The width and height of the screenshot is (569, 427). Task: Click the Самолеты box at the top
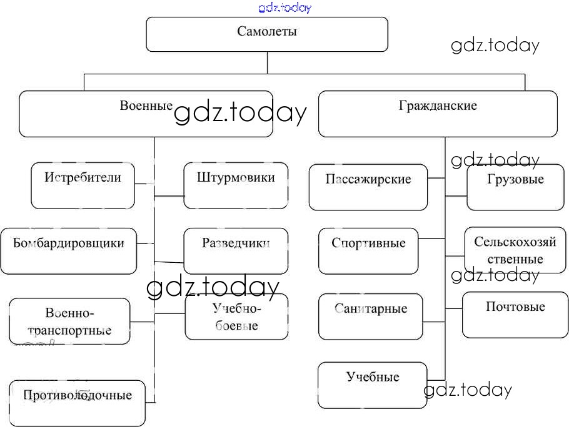click(267, 34)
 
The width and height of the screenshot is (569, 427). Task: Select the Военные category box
click(146, 114)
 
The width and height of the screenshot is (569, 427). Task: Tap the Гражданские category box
click(437, 114)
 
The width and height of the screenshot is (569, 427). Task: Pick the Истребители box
click(83, 185)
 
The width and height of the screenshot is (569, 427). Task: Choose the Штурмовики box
click(236, 185)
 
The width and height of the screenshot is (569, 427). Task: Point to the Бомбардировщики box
click(68, 251)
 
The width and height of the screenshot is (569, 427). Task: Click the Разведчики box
click(236, 251)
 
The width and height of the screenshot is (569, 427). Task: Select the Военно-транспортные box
click(69, 321)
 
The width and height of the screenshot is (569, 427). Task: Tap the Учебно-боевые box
click(236, 317)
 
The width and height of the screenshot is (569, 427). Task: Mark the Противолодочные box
click(78, 402)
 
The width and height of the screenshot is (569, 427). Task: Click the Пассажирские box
click(368, 187)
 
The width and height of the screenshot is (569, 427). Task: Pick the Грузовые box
click(515, 187)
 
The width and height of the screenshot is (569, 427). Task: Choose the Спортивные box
click(368, 251)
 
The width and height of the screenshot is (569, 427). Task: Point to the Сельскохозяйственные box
click(515, 250)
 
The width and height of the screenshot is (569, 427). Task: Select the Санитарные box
click(370, 317)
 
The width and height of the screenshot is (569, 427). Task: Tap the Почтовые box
click(515, 314)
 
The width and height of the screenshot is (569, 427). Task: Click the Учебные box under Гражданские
click(373, 385)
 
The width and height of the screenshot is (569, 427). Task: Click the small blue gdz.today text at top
click(284, 7)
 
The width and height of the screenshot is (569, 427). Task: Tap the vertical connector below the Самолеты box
click(268, 62)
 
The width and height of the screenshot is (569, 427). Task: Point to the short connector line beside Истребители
click(144, 184)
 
